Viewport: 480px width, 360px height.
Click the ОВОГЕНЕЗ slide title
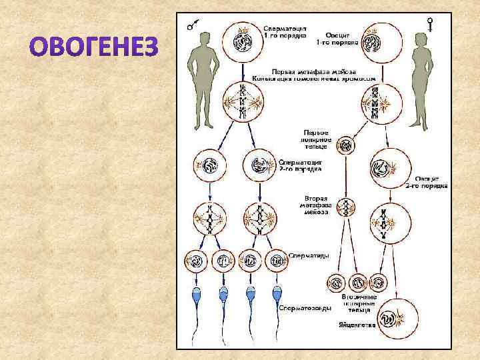point(95,47)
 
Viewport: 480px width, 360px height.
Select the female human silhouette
point(423,80)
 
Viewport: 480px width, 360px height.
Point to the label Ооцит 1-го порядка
point(342,36)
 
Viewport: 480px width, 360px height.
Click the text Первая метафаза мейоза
point(313,71)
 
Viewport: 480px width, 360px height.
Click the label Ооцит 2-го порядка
point(427,183)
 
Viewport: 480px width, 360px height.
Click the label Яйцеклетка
point(357,326)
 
